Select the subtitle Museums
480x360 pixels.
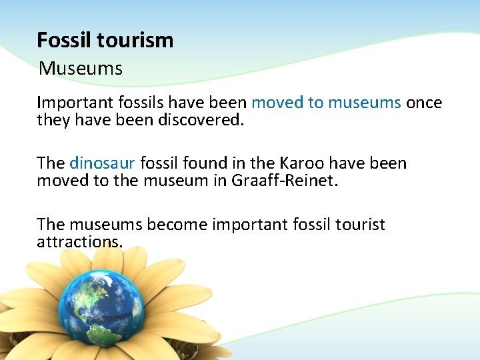(x=81, y=68)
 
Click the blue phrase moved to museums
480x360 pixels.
(x=326, y=103)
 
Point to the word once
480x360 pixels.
(x=424, y=103)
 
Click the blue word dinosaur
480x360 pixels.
(x=103, y=163)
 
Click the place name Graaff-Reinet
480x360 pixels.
(x=283, y=181)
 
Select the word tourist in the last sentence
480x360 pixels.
(x=359, y=224)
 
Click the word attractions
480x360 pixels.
(x=79, y=241)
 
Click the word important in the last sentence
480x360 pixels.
(x=250, y=224)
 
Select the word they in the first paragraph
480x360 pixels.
(x=51, y=120)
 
